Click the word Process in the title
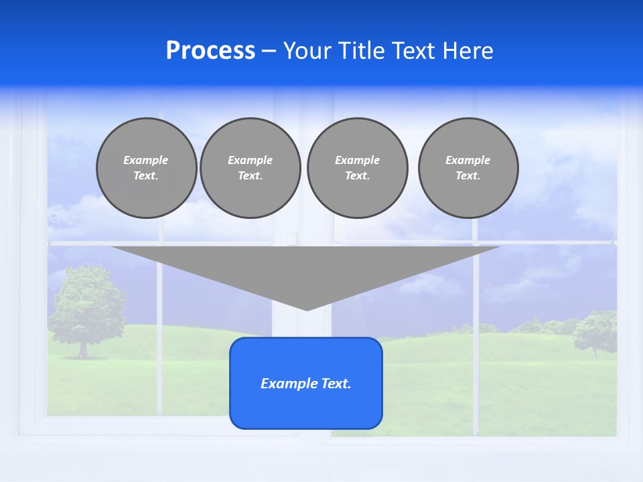pyautogui.click(x=210, y=51)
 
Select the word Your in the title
pyautogui.click(x=304, y=51)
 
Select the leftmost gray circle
pyautogui.click(x=146, y=168)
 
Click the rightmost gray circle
pyautogui.click(x=468, y=168)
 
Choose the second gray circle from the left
pyautogui.click(x=250, y=168)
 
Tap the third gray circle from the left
pyautogui.click(x=357, y=168)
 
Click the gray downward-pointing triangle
pyautogui.click(x=306, y=268)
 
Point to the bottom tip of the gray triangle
pyautogui.click(x=307, y=309)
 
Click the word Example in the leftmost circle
pyautogui.click(x=146, y=160)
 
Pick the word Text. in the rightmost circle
pyautogui.click(x=468, y=176)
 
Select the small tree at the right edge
pyautogui.click(x=596, y=331)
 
